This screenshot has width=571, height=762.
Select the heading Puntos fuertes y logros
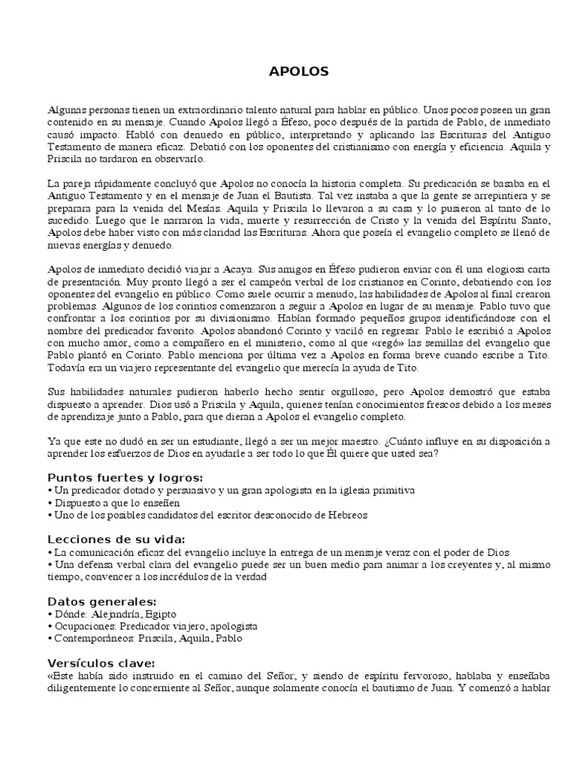tap(126, 478)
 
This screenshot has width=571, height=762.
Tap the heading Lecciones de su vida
tap(117, 539)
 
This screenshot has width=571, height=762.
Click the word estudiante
tap(189, 441)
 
